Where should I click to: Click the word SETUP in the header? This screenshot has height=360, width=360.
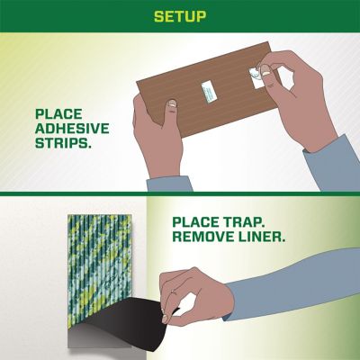point(180,16)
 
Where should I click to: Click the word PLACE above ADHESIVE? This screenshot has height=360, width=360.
point(59,115)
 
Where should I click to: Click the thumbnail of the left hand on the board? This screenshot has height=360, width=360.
point(171,106)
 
